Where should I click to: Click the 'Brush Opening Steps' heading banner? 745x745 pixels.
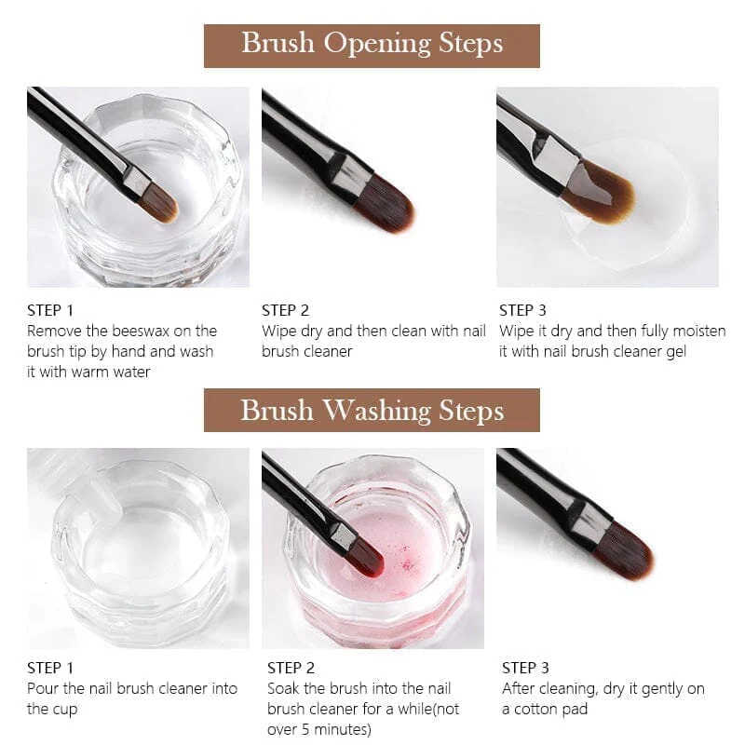372,44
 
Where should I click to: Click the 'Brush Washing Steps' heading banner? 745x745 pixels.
372,410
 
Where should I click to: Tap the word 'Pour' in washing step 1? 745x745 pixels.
43,688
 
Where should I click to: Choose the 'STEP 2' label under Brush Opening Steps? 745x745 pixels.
285,310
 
